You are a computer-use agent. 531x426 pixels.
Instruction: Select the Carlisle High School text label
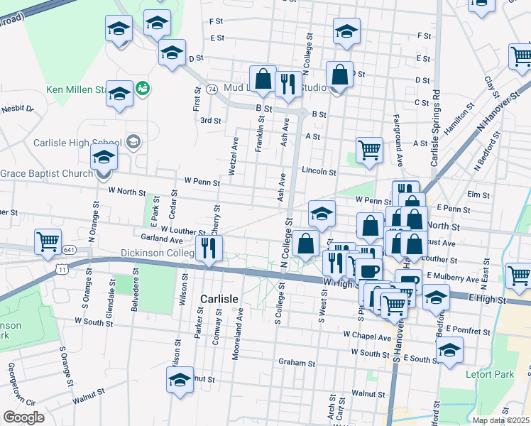pyautogui.click(x=78, y=142)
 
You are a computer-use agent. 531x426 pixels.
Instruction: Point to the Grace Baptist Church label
pyautogui.click(x=46, y=173)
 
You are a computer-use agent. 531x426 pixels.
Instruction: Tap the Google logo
pyautogui.click(x=23, y=417)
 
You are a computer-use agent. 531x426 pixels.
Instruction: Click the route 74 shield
pyautogui.click(x=212, y=90)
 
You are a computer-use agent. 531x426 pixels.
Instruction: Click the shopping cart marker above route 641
pyautogui.click(x=48, y=241)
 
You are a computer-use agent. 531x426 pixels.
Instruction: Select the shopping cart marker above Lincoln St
pyautogui.click(x=369, y=150)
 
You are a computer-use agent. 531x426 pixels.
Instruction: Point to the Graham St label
pyautogui.click(x=297, y=363)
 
